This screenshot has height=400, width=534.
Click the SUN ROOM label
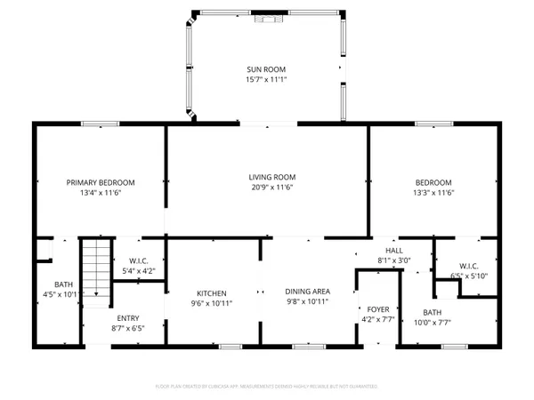tap(266, 68)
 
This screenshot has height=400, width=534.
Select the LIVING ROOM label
tap(266, 178)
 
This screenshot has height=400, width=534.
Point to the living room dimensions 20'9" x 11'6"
tap(266, 188)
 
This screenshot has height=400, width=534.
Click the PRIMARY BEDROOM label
tap(99, 182)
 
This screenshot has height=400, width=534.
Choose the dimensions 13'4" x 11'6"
tap(99, 192)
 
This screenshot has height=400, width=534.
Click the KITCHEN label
tap(212, 292)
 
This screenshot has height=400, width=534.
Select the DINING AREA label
tap(307, 292)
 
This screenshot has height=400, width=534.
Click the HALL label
tap(393, 251)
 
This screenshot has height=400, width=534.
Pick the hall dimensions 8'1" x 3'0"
tap(393, 260)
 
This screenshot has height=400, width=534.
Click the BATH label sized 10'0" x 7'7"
tap(433, 312)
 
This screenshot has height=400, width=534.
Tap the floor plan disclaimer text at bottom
tap(266, 388)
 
